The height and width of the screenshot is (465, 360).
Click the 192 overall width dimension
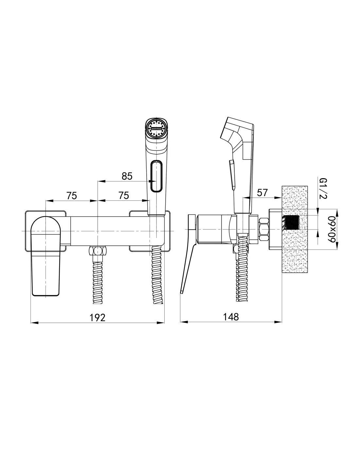(98, 318)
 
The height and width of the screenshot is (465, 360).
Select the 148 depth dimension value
(231, 317)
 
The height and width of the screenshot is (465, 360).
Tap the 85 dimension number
(127, 176)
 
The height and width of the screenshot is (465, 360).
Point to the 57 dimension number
(262, 193)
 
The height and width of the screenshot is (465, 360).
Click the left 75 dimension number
(72, 196)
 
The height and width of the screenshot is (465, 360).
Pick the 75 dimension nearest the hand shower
(124, 196)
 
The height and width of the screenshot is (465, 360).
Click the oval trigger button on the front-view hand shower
(156, 176)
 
